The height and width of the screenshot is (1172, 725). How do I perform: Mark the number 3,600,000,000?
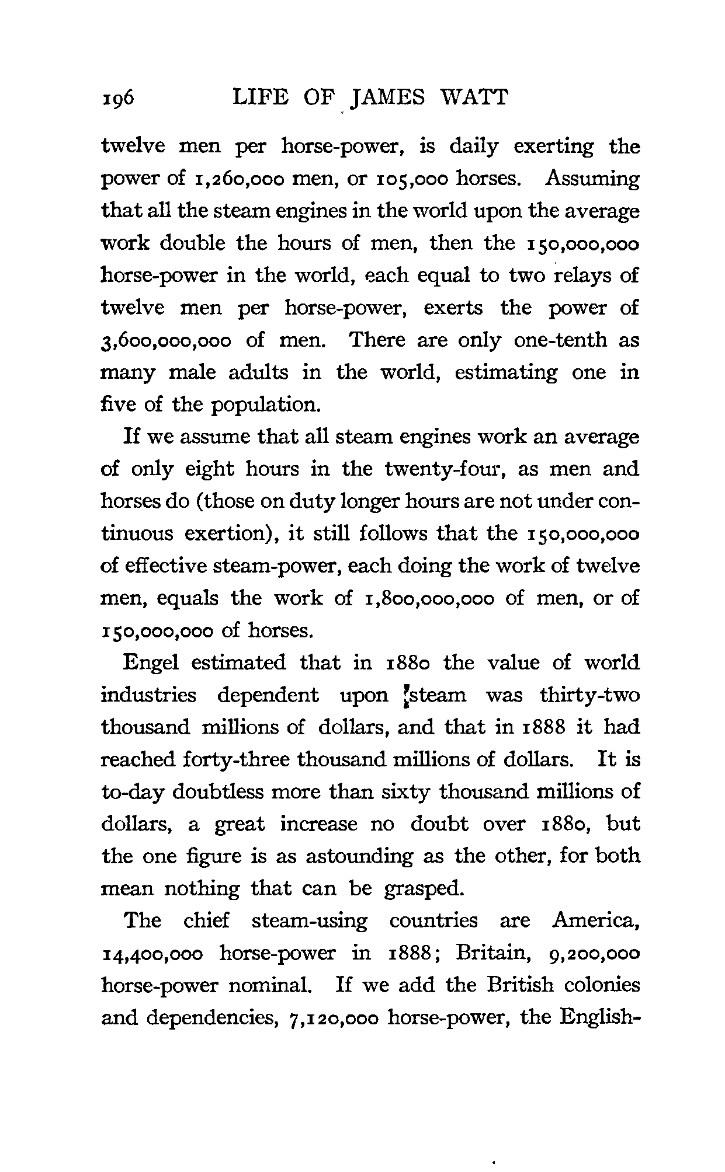166,341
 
